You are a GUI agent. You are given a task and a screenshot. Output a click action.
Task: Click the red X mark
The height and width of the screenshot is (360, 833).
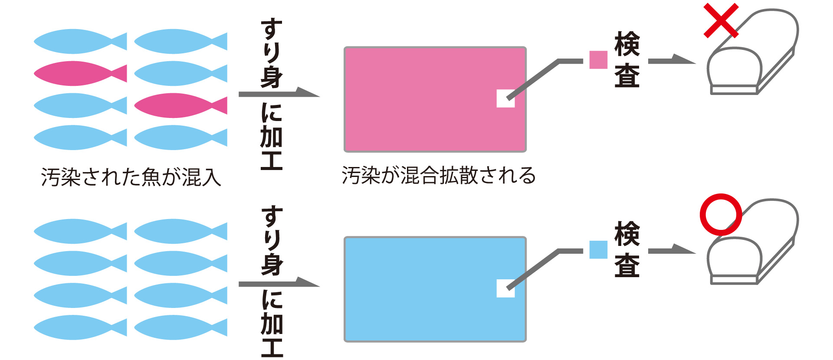pos(721,20)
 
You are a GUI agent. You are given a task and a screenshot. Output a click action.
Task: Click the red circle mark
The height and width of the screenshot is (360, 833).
pos(721,214)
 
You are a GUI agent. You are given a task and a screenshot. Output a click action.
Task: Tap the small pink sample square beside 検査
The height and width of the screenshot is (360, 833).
pos(598,60)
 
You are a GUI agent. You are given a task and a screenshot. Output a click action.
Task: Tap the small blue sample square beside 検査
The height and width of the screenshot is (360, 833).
pos(598,250)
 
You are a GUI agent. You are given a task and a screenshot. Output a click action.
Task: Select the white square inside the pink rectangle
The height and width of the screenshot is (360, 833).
pos(505,98)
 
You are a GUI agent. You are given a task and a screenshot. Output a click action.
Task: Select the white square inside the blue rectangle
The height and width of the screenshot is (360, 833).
pos(505,288)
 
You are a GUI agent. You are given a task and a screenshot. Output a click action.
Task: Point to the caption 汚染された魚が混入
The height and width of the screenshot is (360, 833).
pos(131,177)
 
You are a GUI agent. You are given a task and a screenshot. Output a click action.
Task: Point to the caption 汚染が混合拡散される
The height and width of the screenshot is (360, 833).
pos(439,176)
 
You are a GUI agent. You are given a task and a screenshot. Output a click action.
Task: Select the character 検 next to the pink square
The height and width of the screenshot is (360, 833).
pos(627,44)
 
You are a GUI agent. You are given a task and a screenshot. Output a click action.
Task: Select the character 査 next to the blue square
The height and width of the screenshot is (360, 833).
pos(627,265)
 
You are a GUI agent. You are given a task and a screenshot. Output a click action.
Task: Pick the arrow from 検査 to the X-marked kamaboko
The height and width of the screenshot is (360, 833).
pos(671,60)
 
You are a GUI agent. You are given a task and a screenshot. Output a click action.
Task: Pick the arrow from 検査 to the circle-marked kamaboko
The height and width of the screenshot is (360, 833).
pos(671,250)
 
